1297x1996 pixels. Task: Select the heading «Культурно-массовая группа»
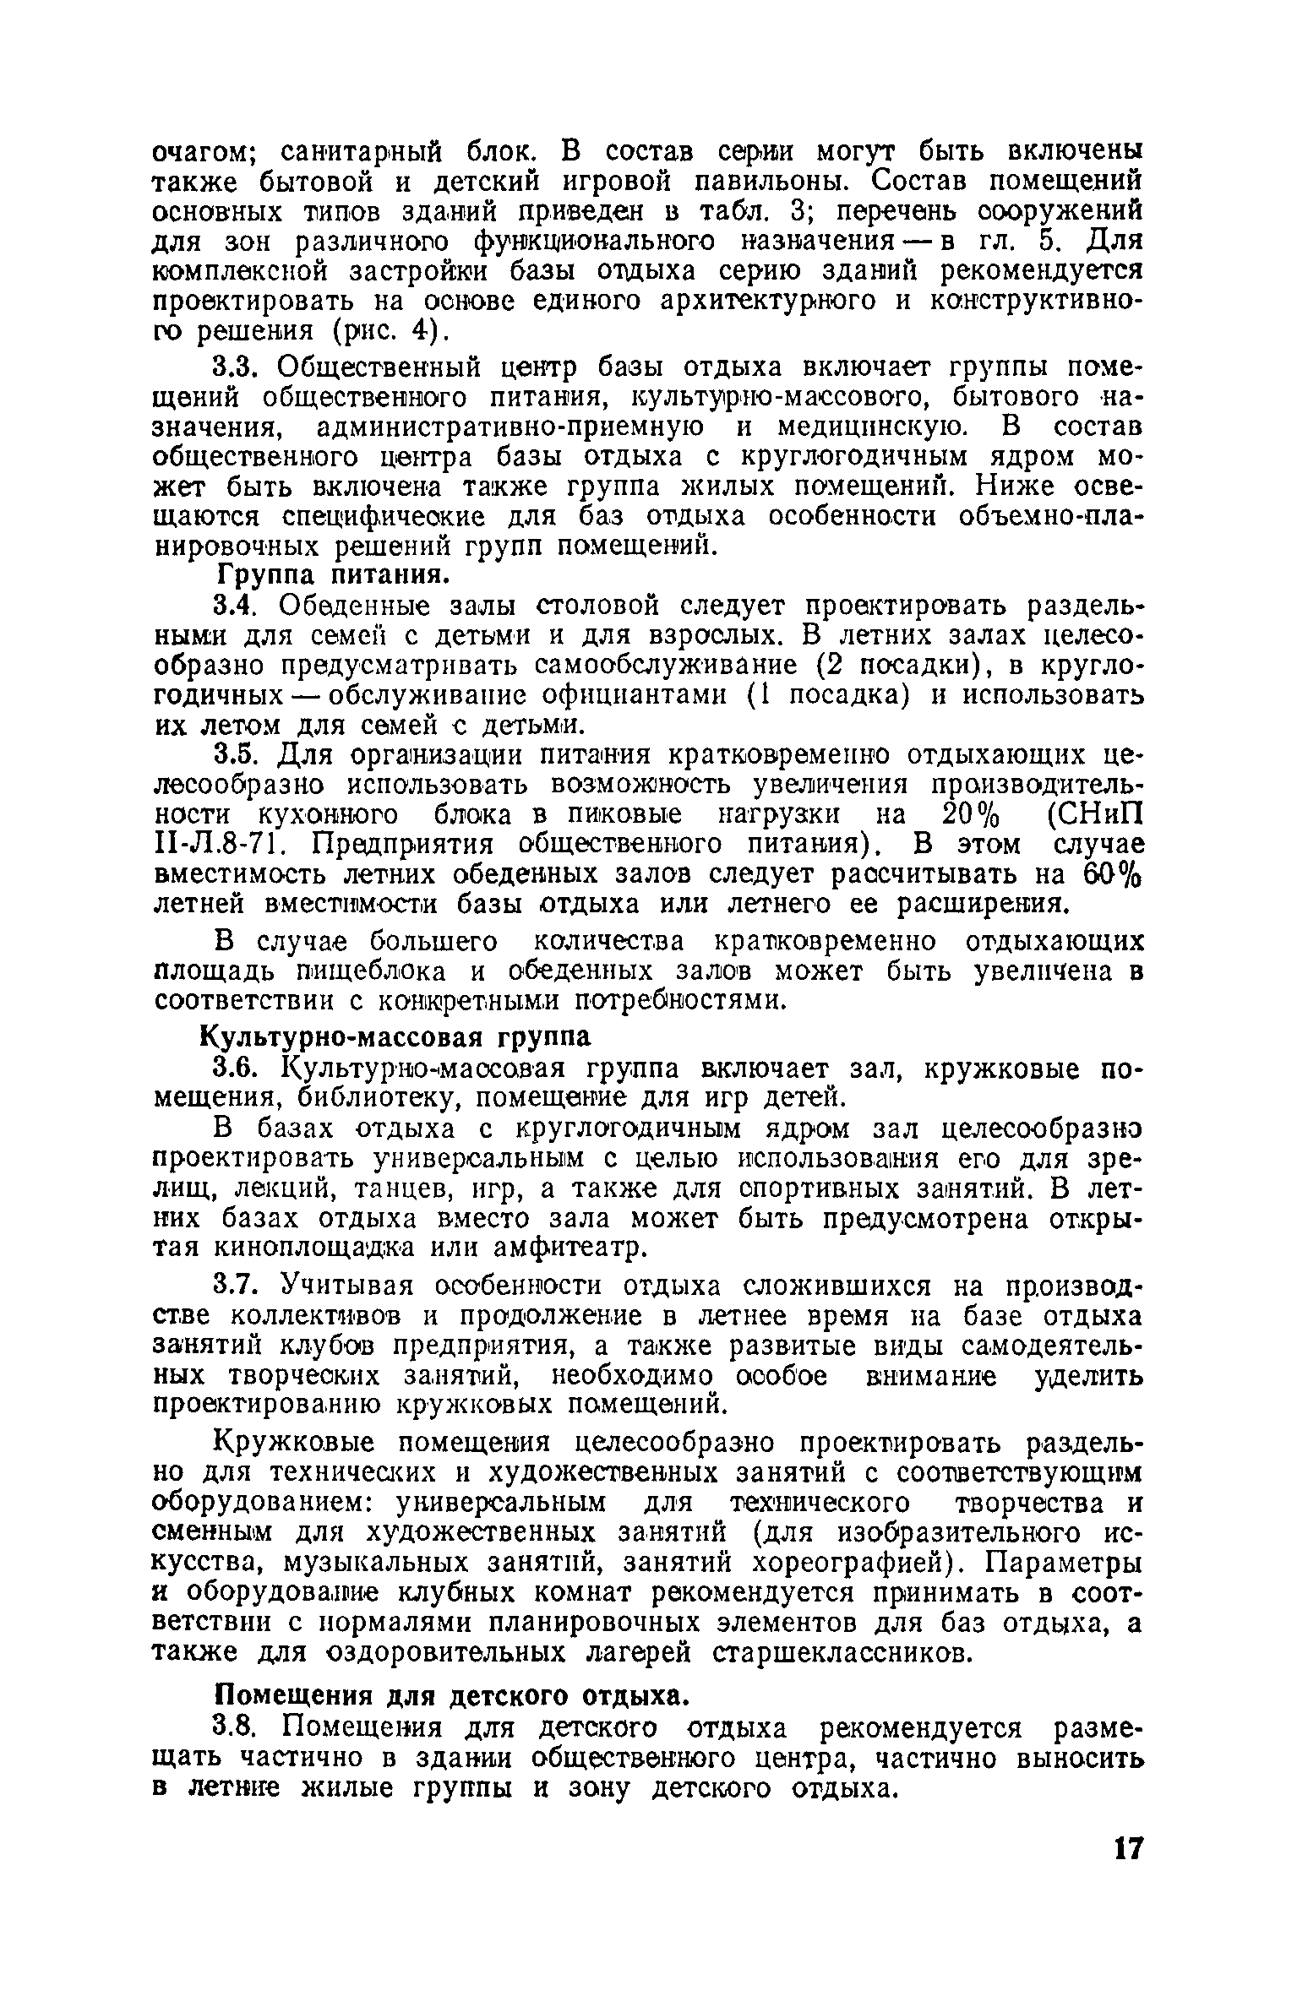(395, 1037)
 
